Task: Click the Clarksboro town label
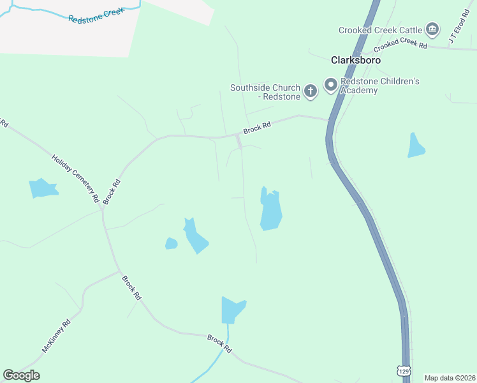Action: pos(356,60)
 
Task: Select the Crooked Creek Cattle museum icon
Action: pos(433,29)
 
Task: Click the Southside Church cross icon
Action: pos(311,91)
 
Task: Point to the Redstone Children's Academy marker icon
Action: pos(331,85)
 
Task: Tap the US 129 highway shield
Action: pos(402,370)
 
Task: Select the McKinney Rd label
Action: pos(56,336)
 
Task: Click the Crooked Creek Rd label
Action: pos(400,44)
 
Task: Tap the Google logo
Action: pos(21,375)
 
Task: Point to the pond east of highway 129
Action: pos(416,146)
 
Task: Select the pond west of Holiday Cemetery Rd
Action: pos(43,188)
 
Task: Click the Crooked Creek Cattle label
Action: pos(381,30)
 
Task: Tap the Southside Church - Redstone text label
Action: pos(265,92)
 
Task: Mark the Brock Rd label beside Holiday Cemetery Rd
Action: pos(112,191)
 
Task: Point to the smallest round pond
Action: pos(171,243)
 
